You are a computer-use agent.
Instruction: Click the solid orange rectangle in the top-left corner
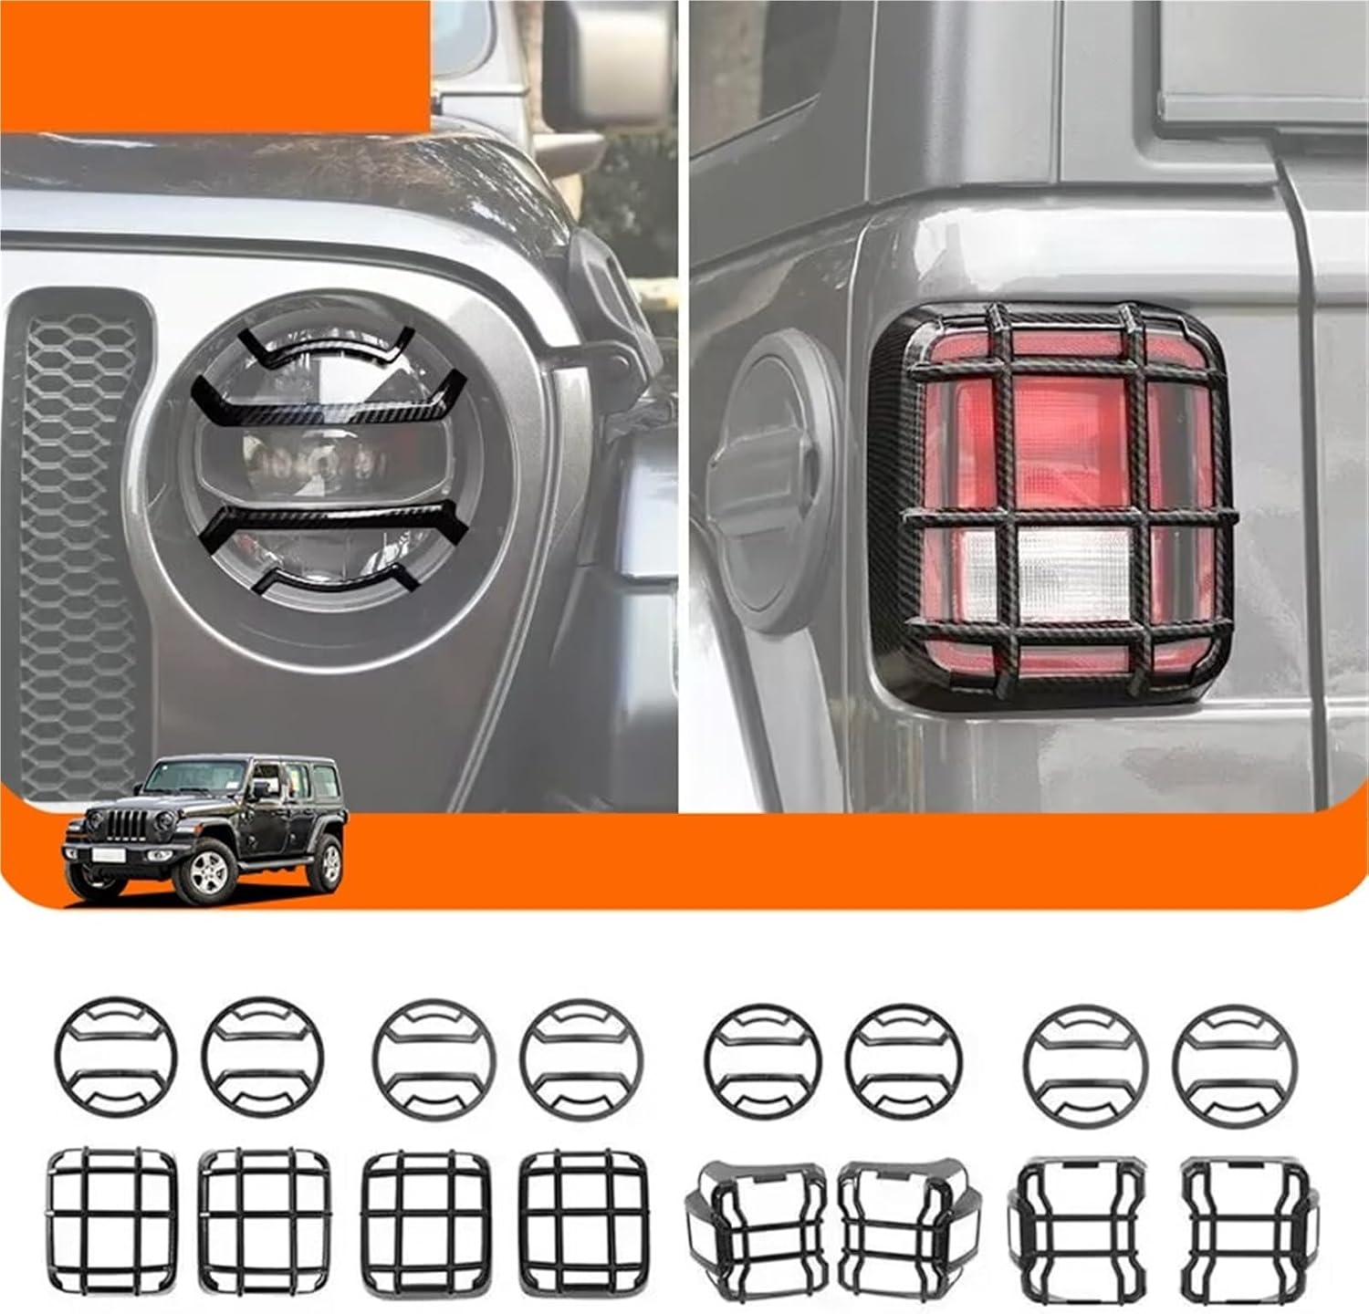[x=214, y=64]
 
